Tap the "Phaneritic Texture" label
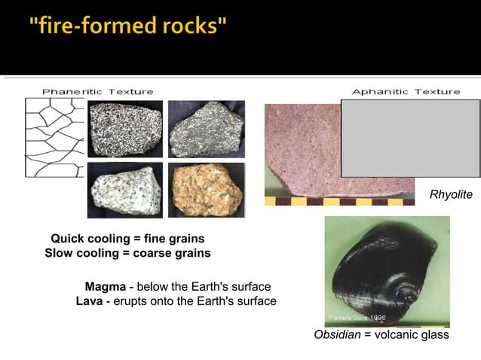tap(97, 91)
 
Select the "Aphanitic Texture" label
tap(406, 91)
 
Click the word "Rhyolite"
tap(451, 195)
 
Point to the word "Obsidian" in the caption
tap(337, 334)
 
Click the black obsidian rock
tap(381, 271)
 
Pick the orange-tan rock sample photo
tap(206, 190)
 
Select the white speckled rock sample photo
tap(124, 190)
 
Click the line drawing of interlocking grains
tap(54, 136)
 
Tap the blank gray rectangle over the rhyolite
tap(410, 138)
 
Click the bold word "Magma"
tap(105, 287)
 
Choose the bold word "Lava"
tap(90, 301)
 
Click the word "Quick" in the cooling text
tap(68, 239)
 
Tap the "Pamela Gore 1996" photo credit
tap(357, 318)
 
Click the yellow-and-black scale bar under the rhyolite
tap(339, 202)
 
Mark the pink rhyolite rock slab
tap(302, 151)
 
